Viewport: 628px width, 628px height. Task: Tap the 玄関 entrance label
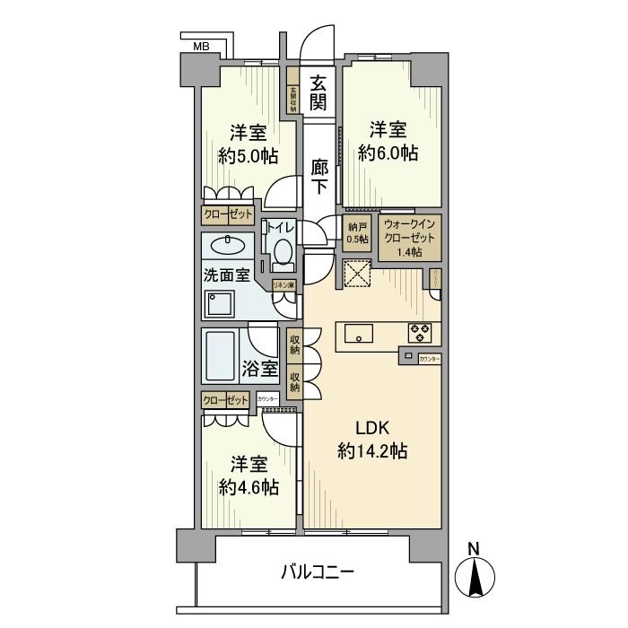[x=318, y=92]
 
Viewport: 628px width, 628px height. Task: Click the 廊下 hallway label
[x=318, y=176]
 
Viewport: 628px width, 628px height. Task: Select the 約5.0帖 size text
[x=248, y=156]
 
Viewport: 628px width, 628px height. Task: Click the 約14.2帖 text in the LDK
[x=373, y=450]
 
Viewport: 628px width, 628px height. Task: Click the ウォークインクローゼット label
[x=409, y=238]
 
